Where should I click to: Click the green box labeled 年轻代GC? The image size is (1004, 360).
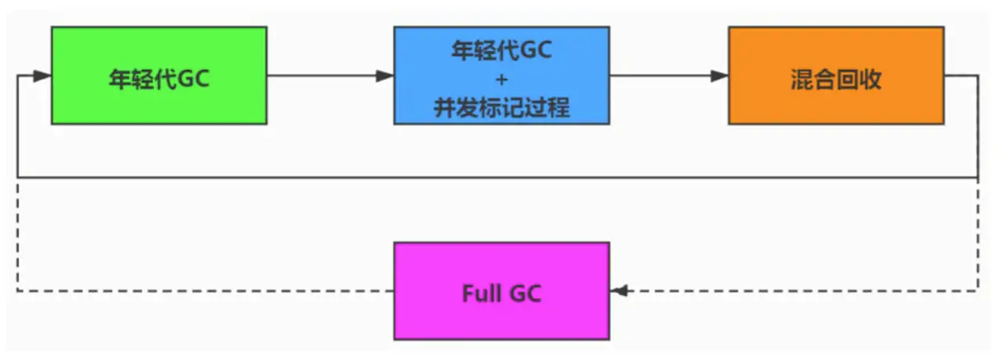point(158,75)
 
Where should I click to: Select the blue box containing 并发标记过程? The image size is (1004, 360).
point(501,75)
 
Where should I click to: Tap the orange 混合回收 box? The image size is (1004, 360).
point(835,75)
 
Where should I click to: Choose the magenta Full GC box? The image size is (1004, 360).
point(501,291)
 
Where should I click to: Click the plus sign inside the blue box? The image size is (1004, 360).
point(502,79)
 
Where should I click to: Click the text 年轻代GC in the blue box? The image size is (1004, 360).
point(502,51)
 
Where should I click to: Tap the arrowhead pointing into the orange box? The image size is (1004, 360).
point(719,76)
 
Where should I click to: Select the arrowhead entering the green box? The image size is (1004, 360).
point(42,76)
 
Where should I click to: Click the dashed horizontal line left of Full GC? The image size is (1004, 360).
point(204,291)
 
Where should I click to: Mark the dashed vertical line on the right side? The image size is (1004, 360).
point(978,235)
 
